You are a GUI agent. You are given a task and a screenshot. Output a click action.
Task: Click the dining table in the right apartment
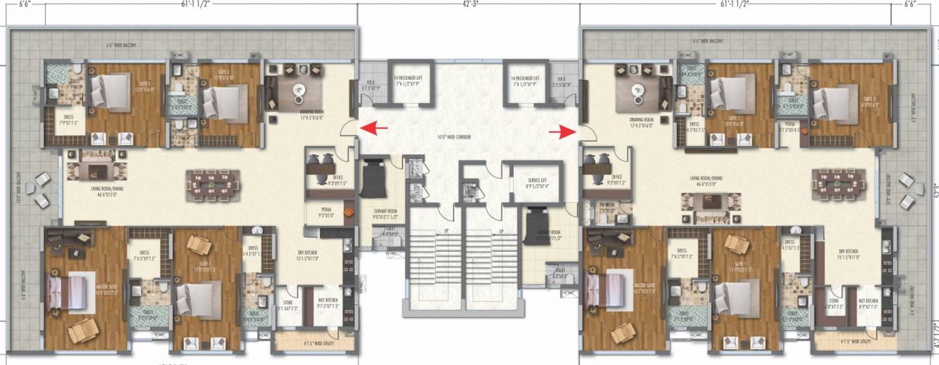[x=835, y=184]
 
